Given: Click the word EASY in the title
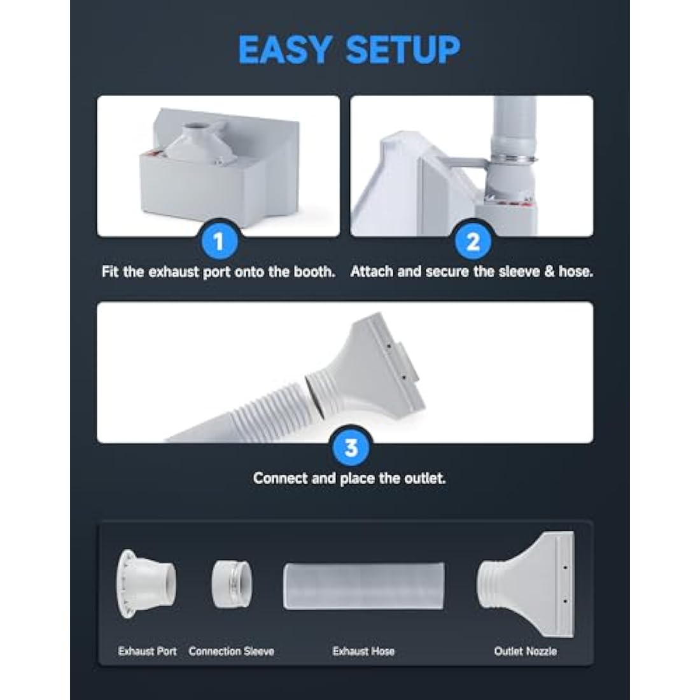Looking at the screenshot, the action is (285, 49).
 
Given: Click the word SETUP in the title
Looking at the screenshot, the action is (403, 49).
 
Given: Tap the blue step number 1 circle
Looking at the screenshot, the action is (219, 242).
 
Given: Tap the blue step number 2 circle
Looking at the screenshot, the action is (473, 242).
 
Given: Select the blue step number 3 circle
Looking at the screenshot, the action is (351, 447).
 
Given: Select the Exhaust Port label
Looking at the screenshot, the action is (148, 652).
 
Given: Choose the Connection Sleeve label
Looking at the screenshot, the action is (231, 652).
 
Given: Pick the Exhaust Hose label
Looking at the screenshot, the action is (363, 652).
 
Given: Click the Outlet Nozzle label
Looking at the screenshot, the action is (525, 652).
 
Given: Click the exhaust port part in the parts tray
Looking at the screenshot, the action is (146, 584).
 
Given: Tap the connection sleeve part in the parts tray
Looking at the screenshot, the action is (231, 584).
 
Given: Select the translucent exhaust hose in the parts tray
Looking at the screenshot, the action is (364, 586).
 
